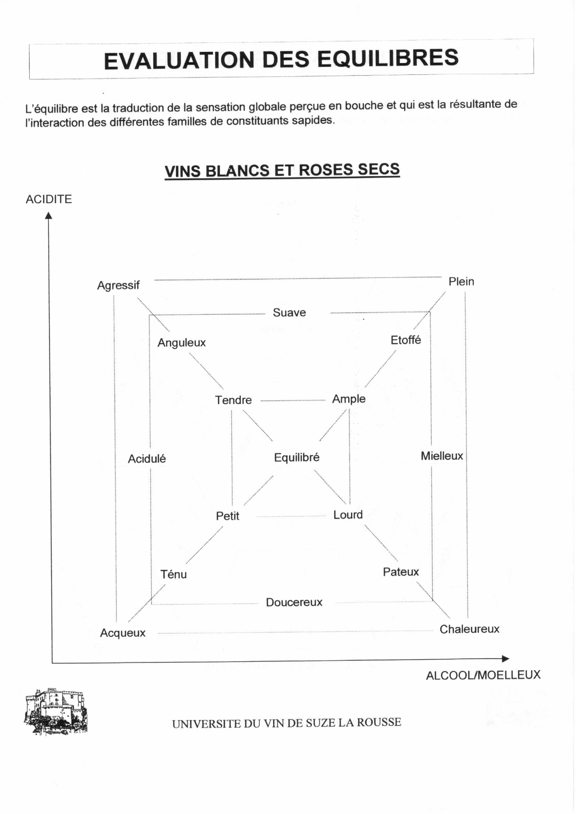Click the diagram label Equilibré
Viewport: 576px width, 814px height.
click(297, 457)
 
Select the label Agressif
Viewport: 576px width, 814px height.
click(118, 285)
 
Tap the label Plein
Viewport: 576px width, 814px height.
click(461, 281)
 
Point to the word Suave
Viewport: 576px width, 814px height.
click(289, 313)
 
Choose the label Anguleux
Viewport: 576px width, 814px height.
click(181, 343)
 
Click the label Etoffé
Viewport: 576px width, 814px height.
click(405, 340)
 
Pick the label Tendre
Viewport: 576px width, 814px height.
click(233, 400)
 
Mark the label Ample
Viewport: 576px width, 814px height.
click(349, 399)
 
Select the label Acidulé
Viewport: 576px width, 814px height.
click(146, 459)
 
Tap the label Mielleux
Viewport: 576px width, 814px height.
click(441, 456)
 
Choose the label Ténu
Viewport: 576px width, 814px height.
click(174, 574)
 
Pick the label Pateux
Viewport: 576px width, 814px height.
click(401, 572)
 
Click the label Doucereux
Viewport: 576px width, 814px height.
click(294, 602)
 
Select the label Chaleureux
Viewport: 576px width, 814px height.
click(469, 629)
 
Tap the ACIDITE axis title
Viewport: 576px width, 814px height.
click(48, 199)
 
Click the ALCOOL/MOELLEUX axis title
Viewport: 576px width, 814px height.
click(483, 675)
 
